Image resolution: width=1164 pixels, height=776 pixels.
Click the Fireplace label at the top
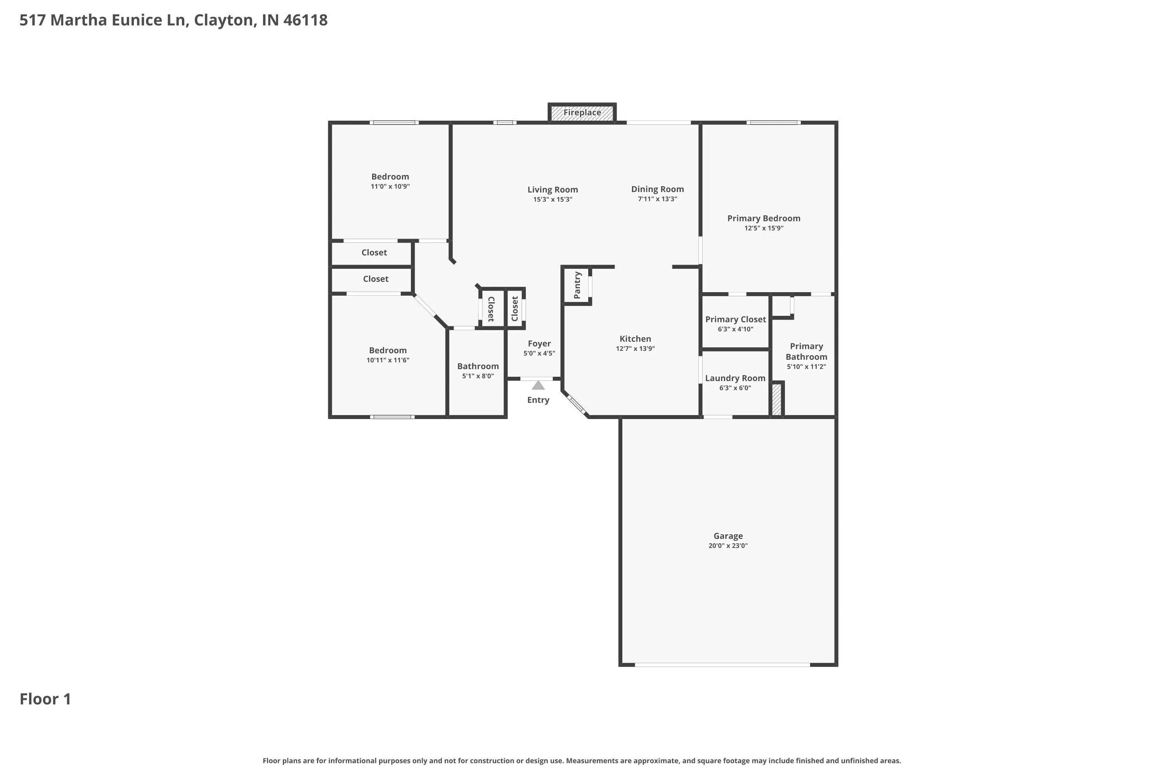tap(582, 113)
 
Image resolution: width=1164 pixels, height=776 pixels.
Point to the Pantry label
tap(577, 285)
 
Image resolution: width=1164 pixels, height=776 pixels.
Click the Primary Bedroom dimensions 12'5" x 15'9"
tap(764, 228)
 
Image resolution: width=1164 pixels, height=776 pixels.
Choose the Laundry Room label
tap(735, 378)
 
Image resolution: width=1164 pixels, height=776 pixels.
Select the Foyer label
tap(539, 343)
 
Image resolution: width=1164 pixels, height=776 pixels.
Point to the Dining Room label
tap(657, 189)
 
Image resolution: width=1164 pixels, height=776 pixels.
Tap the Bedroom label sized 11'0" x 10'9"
tap(390, 177)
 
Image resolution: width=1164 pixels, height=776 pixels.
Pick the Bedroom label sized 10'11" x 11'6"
tap(388, 350)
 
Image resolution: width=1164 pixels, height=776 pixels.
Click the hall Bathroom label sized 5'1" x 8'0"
tap(478, 366)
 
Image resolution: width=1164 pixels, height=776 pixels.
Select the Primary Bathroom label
tap(806, 352)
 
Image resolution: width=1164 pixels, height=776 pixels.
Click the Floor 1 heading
tap(45, 699)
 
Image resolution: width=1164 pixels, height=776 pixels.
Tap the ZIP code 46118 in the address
tap(305, 20)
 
